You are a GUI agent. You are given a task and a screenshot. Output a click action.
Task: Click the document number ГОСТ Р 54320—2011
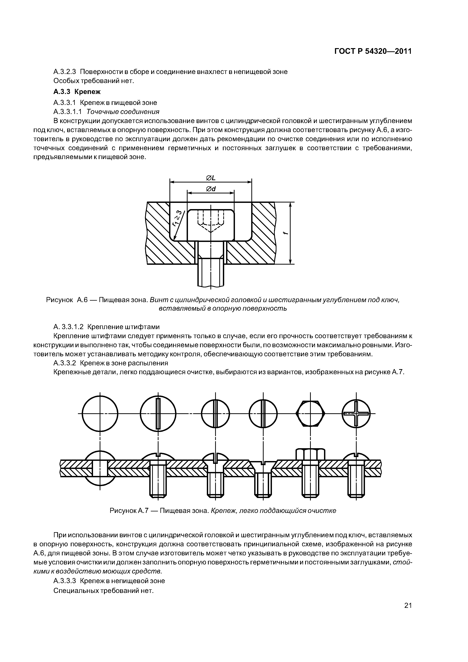click(x=373, y=51)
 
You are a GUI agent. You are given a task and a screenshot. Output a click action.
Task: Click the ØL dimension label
click(x=211, y=178)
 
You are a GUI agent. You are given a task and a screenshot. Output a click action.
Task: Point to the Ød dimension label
click(x=211, y=189)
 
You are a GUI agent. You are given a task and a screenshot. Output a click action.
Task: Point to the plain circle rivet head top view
click(x=100, y=413)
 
